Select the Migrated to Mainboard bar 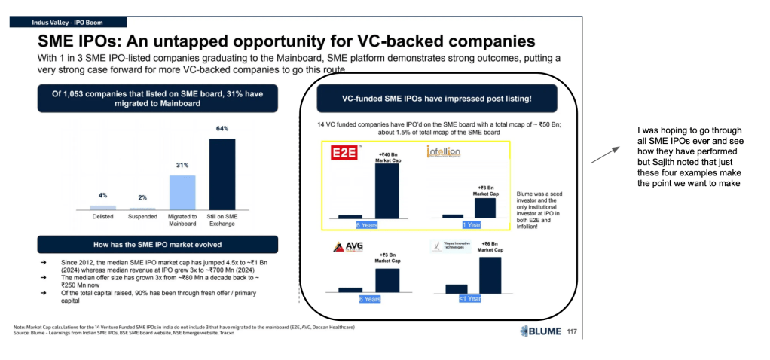tap(182, 192)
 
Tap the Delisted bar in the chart tap(102, 207)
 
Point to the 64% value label tap(222, 129)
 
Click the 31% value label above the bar tap(182, 165)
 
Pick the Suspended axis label tap(142, 217)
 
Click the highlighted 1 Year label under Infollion tap(471, 224)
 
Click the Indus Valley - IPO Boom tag tap(66, 22)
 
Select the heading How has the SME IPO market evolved tap(157, 244)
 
